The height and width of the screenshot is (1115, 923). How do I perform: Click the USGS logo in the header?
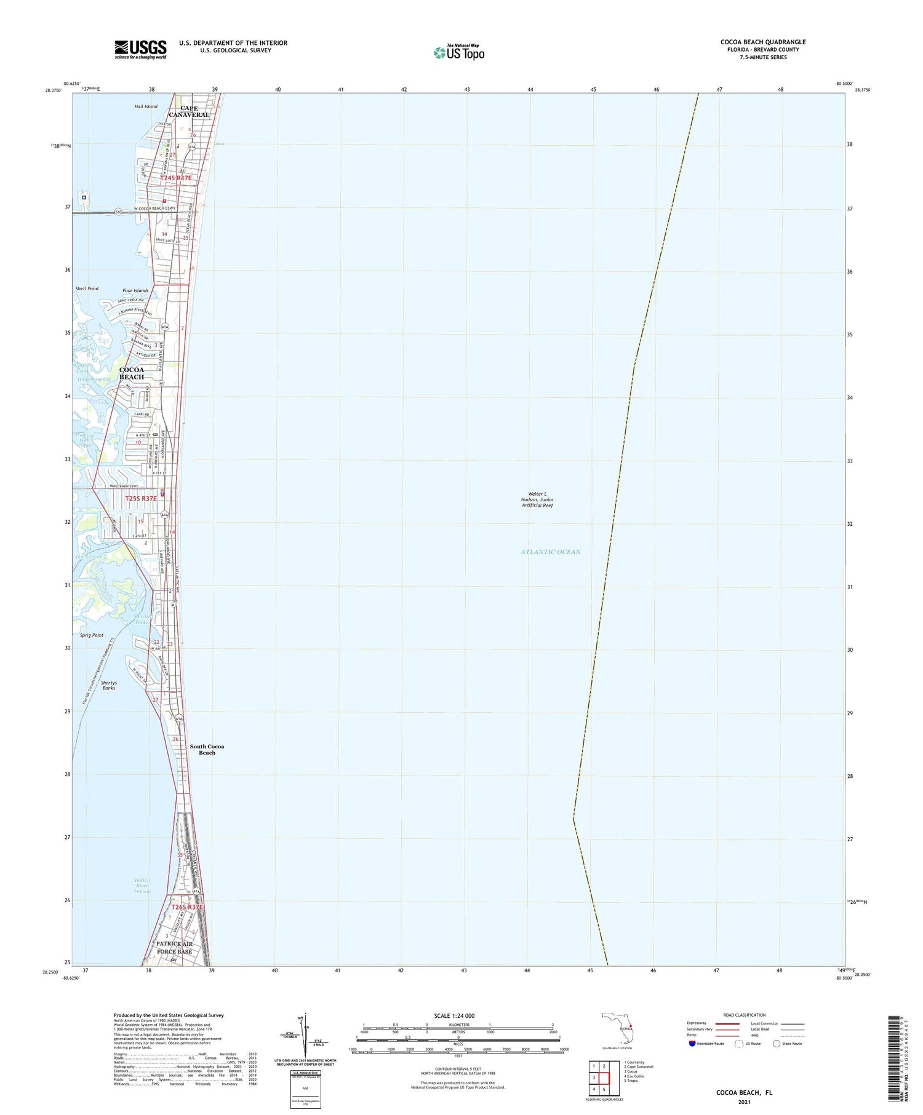140,49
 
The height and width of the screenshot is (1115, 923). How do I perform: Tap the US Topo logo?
458,52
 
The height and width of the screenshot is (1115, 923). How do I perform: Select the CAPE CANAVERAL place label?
190,111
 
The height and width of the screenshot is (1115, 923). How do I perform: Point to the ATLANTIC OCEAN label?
550,552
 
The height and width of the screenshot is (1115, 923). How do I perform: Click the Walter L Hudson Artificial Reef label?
537,499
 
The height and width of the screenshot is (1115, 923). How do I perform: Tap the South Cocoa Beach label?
207,749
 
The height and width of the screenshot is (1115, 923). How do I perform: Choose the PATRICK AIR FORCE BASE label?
174,947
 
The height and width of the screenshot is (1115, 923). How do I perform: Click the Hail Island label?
146,106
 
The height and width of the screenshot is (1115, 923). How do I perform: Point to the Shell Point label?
87,288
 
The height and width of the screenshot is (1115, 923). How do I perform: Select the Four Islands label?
135,290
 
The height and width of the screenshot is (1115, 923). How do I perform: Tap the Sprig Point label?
91,635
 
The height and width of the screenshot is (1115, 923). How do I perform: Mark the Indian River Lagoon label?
142,886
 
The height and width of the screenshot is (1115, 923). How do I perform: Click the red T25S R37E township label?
141,499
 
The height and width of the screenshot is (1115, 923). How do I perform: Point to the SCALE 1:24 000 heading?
458,1015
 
